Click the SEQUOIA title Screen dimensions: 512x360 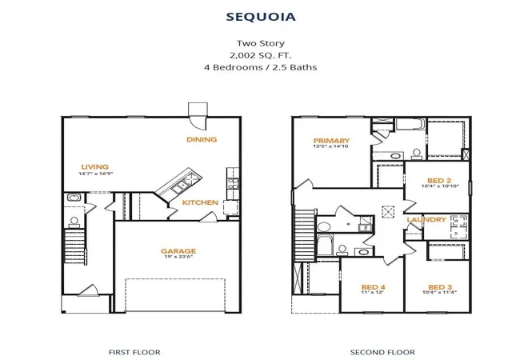(261, 17)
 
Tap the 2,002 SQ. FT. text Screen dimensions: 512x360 (261, 55)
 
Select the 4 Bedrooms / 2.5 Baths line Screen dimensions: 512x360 (261, 67)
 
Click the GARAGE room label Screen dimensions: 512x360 (178, 251)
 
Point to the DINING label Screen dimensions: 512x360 (202, 139)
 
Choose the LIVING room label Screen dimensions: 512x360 (94, 167)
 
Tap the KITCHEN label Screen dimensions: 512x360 (200, 202)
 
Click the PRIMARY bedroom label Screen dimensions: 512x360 (331, 141)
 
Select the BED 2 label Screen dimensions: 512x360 (439, 181)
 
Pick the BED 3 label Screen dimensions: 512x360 (440, 287)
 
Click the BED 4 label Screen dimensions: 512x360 (374, 287)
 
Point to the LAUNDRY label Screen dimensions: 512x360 (426, 219)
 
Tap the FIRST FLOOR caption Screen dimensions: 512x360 (134, 352)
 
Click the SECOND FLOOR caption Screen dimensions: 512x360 (382, 352)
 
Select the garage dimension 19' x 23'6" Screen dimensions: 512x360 (178, 257)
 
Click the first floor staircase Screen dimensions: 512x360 (75, 246)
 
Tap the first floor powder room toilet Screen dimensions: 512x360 (74, 222)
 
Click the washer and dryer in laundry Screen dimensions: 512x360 (458, 226)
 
